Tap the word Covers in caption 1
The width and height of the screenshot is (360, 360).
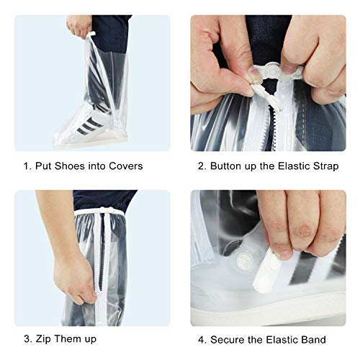point(125,166)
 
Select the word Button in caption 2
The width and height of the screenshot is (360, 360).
point(226,166)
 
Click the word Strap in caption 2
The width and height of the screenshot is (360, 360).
point(326,166)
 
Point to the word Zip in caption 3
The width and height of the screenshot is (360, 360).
point(43,339)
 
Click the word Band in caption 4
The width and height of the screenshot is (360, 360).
point(315,340)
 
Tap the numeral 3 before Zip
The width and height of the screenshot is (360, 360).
point(27,339)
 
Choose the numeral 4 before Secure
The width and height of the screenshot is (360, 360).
point(202,340)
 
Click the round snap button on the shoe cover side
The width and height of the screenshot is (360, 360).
point(245,261)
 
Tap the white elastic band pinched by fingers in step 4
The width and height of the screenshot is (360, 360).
point(266,271)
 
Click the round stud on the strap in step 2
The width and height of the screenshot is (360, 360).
point(271,71)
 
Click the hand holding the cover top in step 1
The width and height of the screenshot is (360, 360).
point(79,26)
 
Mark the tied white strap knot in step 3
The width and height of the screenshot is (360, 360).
point(104,211)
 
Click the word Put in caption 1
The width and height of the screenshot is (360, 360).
point(43,166)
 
